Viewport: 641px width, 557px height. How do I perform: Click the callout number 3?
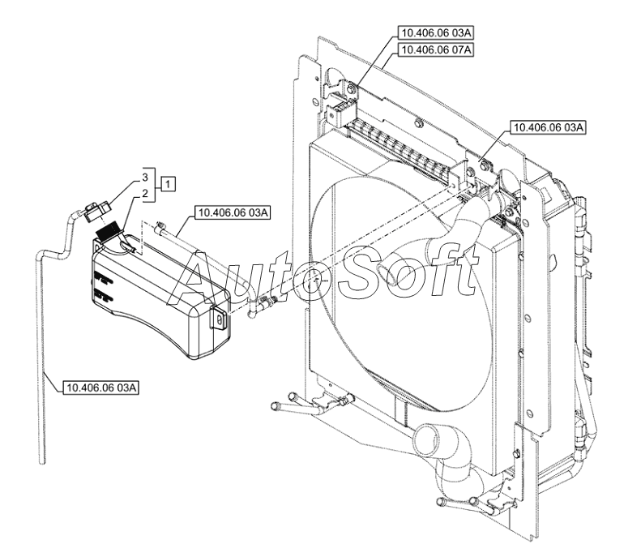tap(145, 176)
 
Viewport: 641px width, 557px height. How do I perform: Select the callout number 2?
tap(145, 194)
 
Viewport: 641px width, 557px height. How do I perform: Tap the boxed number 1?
tap(167, 184)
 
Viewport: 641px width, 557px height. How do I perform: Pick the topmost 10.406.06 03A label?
tap(434, 33)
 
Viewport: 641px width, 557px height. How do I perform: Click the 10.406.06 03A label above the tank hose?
tap(231, 212)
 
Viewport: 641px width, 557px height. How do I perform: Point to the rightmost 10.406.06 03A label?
tap(547, 128)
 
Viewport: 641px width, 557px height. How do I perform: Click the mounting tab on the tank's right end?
tap(220, 318)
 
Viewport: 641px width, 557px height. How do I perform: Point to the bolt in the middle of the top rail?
tap(416, 123)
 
